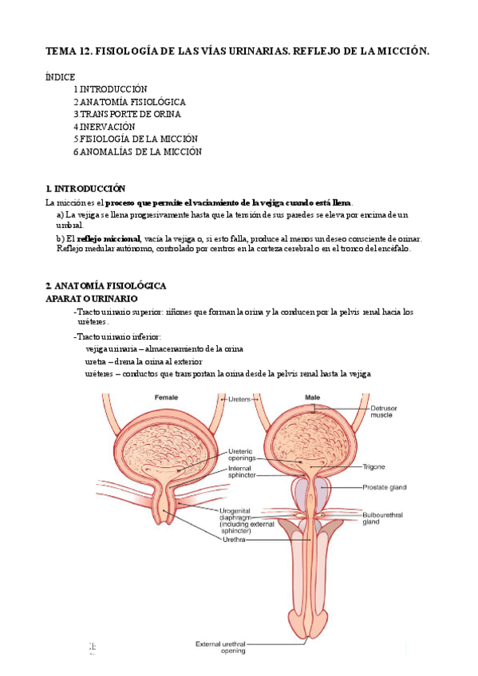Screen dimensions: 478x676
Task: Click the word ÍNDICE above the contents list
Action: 61,77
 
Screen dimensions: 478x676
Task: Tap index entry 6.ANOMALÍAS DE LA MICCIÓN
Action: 137,151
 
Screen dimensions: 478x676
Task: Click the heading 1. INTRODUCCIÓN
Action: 85,189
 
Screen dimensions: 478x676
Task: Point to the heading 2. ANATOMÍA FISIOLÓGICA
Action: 105,285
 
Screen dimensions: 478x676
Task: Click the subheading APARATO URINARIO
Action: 92,297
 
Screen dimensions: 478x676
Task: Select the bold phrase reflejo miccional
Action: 108,238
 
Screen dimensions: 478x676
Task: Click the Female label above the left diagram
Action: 166,397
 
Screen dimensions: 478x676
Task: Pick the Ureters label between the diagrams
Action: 239,398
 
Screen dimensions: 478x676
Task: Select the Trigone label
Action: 373,466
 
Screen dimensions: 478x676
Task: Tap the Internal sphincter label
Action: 242,474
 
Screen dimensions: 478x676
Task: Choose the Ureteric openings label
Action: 241,454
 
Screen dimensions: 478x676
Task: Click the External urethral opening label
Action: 223,647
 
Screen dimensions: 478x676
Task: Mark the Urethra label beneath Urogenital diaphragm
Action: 235,540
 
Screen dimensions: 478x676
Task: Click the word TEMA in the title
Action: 59,51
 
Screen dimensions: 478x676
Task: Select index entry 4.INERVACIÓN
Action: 105,126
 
